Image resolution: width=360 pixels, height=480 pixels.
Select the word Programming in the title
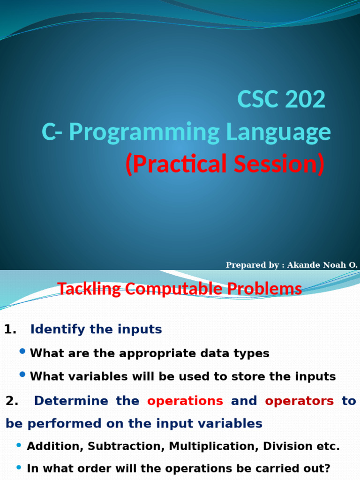(144, 132)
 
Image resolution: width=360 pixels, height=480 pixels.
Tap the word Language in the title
(278, 132)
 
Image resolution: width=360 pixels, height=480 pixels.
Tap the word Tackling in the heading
(89, 289)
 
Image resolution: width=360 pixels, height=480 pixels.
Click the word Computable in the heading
(173, 289)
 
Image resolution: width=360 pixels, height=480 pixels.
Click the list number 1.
(10, 330)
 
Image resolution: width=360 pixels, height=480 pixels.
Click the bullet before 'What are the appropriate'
(22, 351)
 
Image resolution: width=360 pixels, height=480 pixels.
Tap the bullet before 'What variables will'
(22, 375)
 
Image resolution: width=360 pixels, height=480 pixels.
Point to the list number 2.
(12, 401)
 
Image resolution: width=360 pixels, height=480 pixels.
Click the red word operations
(185, 401)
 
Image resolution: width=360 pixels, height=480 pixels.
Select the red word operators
(299, 401)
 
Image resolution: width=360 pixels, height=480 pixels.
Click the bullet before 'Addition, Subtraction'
(19, 445)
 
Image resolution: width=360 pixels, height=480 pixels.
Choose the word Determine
(71, 401)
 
